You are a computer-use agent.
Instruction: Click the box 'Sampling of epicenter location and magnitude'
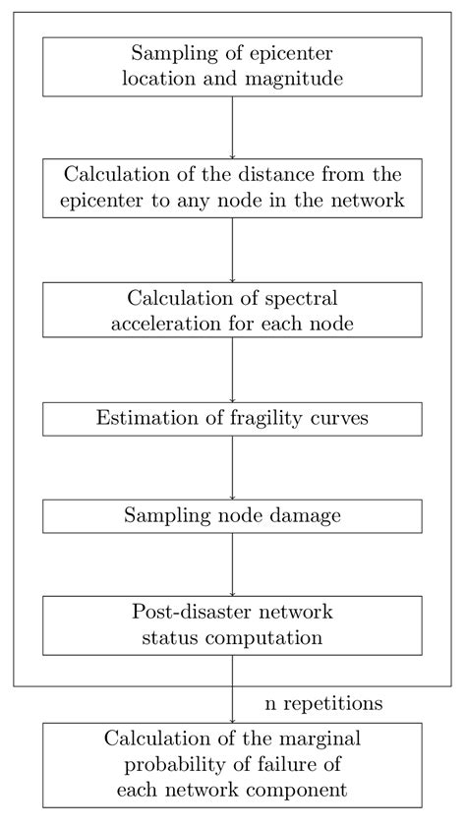[232, 66]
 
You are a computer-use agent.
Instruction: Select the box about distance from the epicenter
[232, 188]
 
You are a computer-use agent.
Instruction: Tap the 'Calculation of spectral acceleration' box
[232, 310]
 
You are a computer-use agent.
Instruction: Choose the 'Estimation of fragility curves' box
[232, 418]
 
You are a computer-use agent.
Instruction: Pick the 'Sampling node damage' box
[232, 515]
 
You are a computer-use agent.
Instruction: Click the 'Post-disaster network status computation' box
[232, 624]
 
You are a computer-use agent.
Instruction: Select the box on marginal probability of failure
[232, 765]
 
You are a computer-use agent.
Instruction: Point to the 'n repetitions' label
[323, 703]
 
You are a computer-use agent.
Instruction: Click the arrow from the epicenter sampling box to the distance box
[232, 127]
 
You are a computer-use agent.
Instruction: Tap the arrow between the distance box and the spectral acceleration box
[232, 250]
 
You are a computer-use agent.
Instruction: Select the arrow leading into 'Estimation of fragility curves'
[232, 369]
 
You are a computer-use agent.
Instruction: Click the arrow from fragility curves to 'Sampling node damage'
[232, 467]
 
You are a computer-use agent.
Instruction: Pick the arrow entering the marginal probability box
[232, 688]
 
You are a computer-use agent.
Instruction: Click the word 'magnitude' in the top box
[296, 80]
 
